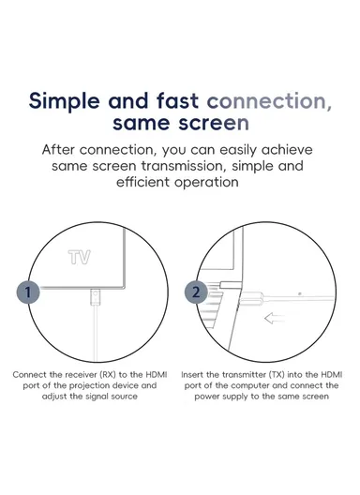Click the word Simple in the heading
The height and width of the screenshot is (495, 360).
tap(65, 101)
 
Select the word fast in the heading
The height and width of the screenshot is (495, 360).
tap(177, 100)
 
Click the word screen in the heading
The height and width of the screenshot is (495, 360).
tap(214, 123)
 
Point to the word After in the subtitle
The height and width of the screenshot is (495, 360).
tap(58, 149)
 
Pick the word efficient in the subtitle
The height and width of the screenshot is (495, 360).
tap(142, 182)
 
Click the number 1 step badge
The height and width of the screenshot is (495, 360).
tap(28, 292)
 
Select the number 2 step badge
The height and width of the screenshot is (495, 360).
tap(196, 292)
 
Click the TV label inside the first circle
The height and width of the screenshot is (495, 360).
tap(80, 257)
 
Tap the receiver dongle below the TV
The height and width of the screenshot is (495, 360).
tap(95, 296)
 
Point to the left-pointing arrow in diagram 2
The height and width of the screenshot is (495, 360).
tap(274, 318)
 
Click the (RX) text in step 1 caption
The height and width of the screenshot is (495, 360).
tap(108, 375)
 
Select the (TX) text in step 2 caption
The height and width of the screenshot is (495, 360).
tap(277, 375)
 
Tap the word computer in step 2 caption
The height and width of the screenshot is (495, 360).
tap(250, 386)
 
